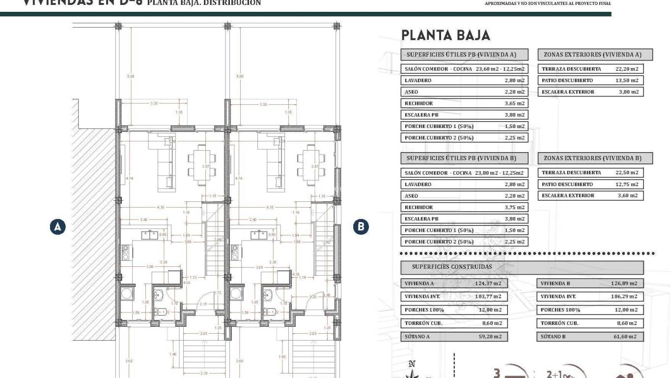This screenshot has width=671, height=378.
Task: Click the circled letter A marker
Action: (x=57, y=226)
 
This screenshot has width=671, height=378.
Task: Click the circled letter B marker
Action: (x=361, y=226)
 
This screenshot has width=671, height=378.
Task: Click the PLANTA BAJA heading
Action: (x=446, y=35)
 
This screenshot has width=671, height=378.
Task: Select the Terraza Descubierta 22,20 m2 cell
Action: (x=590, y=69)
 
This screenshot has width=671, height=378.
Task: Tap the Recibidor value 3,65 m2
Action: (x=514, y=103)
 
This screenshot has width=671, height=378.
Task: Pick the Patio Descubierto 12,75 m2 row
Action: (x=590, y=184)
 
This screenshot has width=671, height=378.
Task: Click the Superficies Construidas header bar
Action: (x=522, y=267)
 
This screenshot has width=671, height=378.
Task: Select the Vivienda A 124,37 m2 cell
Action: (x=454, y=283)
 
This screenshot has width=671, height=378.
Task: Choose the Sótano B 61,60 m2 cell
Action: (x=590, y=337)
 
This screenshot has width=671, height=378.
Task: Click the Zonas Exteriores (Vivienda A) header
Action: (x=595, y=54)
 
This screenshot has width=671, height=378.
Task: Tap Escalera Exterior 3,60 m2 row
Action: (x=590, y=195)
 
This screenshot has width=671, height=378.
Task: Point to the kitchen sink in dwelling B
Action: (x=259, y=235)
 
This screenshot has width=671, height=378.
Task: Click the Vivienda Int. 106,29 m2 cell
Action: (x=590, y=297)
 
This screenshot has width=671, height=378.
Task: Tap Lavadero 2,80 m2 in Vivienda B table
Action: (x=464, y=184)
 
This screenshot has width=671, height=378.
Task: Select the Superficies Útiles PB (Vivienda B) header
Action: (x=464, y=158)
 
